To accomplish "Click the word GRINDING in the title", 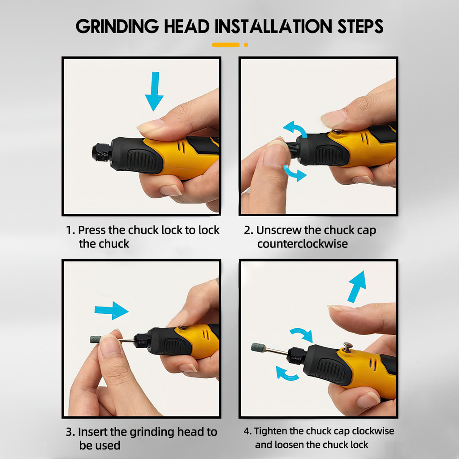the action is [117, 26].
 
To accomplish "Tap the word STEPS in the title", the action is [360, 26].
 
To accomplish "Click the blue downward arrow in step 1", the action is [154, 91].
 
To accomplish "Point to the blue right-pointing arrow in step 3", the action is [112, 310].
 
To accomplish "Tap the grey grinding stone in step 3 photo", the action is [95, 339].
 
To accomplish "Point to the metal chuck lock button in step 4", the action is [347, 347].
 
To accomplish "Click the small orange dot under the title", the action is [246, 45].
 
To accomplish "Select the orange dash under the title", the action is [226, 45].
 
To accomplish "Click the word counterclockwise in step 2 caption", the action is [303, 244].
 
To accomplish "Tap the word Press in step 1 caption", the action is [91, 230].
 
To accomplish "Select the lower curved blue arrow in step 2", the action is [294, 173].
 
